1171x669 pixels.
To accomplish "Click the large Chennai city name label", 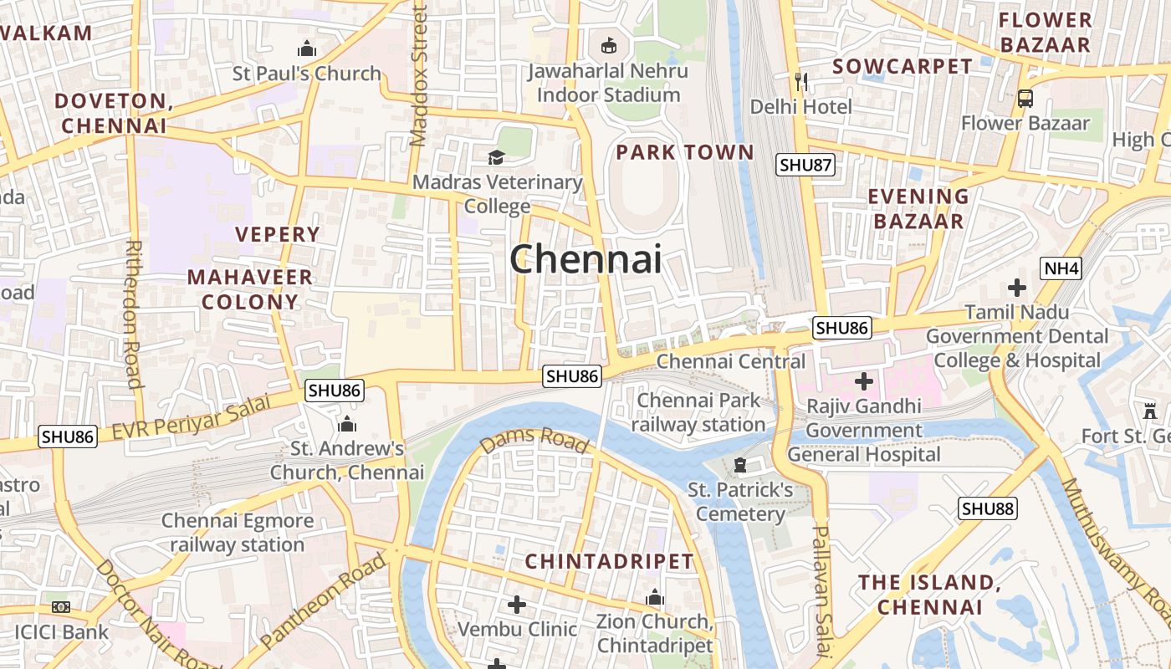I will click(x=585, y=259).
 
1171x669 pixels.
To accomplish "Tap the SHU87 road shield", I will click(x=805, y=165).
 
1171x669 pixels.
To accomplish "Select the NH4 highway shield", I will click(x=1061, y=268).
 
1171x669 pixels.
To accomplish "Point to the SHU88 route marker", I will click(x=987, y=508).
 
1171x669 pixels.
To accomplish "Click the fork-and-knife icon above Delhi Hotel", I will click(x=801, y=81).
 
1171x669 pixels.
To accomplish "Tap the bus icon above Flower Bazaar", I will click(x=1025, y=99).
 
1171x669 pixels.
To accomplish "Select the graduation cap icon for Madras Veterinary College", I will click(x=497, y=157).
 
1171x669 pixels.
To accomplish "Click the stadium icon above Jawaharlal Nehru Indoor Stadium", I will click(x=608, y=46).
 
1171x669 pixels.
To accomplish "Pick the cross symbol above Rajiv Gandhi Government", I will click(x=863, y=382).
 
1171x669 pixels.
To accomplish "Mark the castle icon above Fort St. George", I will click(x=1149, y=411).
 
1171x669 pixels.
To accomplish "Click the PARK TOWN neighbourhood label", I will click(x=685, y=152).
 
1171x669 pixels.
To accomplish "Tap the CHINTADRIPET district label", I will click(x=609, y=561).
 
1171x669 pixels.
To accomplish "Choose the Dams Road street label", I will click(x=534, y=439).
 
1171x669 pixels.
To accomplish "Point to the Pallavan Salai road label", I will click(x=821, y=590).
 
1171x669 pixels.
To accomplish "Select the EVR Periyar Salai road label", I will click(x=192, y=417).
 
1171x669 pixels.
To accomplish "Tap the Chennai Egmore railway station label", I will click(x=238, y=533).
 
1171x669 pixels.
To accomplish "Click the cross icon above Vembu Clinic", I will click(x=517, y=604).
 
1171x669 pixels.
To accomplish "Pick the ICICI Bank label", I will click(x=62, y=631).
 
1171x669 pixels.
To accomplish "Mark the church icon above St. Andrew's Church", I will click(x=346, y=425).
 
